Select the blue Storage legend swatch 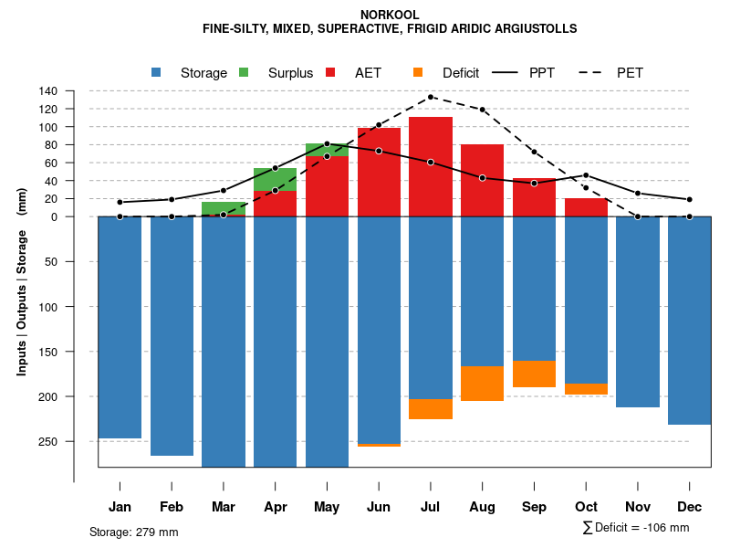pos(156,72)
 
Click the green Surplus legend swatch pos(244,72)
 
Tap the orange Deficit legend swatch pos(418,72)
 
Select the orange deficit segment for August pos(483,384)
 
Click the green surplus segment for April pos(275,179)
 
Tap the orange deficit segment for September pos(535,374)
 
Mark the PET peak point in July pos(431,97)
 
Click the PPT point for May pos(327,144)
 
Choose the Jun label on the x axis pos(379,507)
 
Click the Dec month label pos(690,507)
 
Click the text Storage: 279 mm pos(133,532)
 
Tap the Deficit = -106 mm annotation pos(636,528)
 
